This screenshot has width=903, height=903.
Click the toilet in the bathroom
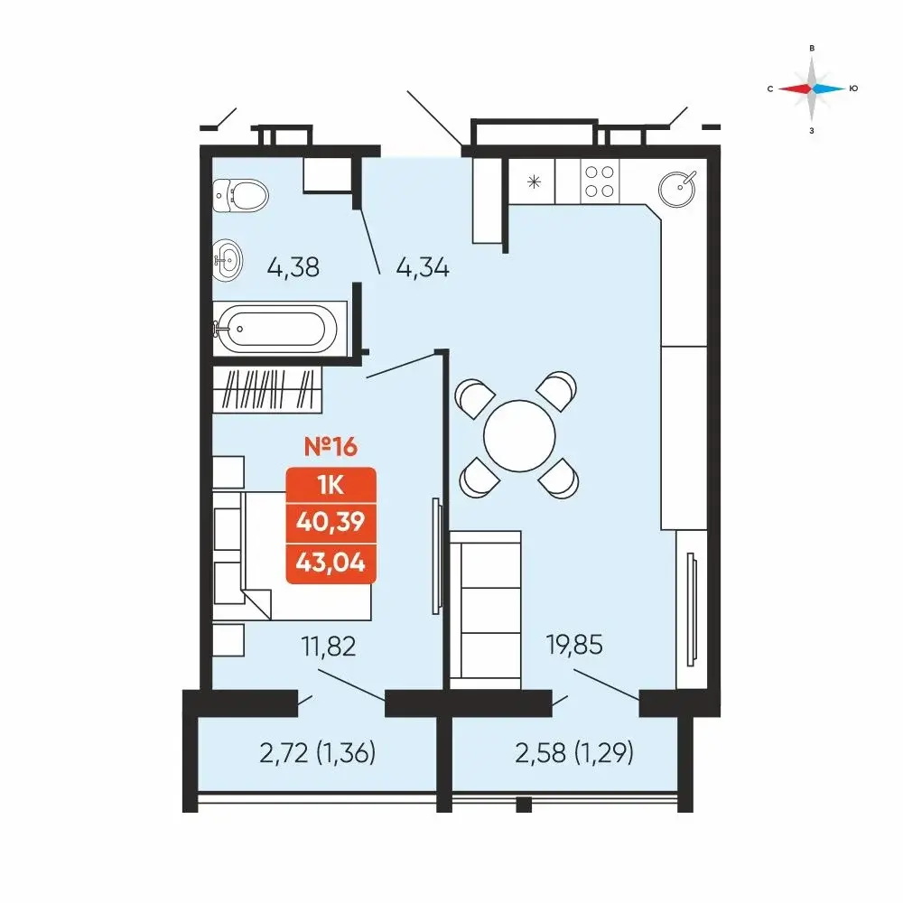[240, 195]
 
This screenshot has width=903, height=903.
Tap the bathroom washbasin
[228, 260]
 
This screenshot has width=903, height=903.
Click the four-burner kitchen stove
[599, 181]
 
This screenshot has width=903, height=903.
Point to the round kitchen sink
[677, 189]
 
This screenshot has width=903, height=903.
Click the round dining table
[519, 436]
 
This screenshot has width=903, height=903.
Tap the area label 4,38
[293, 268]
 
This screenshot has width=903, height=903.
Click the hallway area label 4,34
[423, 268]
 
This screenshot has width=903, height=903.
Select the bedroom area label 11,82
[329, 647]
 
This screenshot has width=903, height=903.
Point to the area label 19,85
[574, 645]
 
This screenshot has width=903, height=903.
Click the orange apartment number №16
[330, 446]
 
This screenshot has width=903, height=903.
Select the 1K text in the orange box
[330, 486]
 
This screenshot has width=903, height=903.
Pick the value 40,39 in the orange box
[330, 522]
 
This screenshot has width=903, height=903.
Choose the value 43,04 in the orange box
[330, 562]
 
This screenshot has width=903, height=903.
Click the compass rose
[812, 88]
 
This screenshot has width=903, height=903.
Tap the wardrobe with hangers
[267, 389]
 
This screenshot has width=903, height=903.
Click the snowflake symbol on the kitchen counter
[534, 182]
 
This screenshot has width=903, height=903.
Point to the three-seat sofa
[485, 610]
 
